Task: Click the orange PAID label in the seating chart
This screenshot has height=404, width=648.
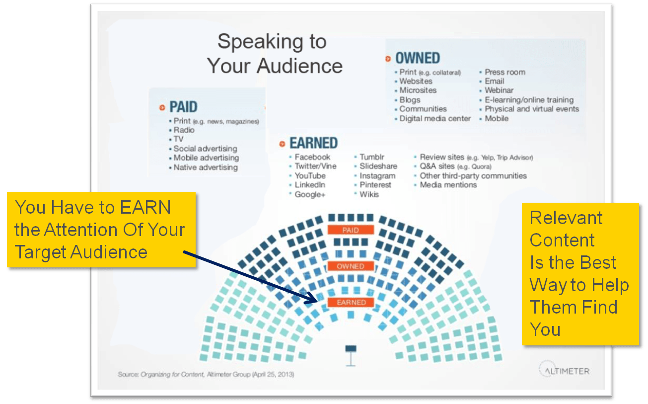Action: [351, 230]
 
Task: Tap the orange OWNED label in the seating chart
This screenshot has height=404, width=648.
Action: [351, 266]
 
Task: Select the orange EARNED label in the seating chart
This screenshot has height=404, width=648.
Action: [351, 302]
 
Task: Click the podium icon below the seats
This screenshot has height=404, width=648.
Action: [351, 356]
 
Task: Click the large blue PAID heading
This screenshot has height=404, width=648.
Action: [183, 107]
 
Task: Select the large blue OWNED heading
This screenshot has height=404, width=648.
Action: [418, 58]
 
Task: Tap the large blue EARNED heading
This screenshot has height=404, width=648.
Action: [314, 143]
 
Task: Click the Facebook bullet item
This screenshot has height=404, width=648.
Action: [312, 157]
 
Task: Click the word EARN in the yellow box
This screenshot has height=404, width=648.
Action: [145, 207]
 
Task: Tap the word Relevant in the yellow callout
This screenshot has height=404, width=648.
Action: [566, 218]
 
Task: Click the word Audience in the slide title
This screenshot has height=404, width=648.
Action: [299, 66]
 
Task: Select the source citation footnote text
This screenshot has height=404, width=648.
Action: [206, 375]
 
